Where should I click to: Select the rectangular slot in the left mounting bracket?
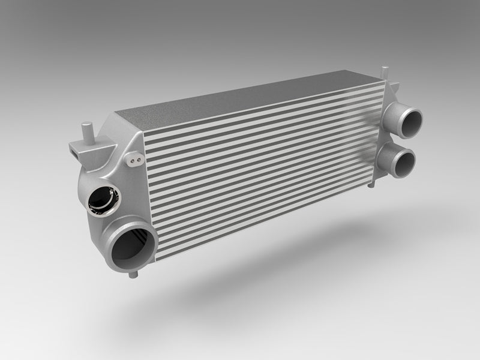(x=75, y=151)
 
